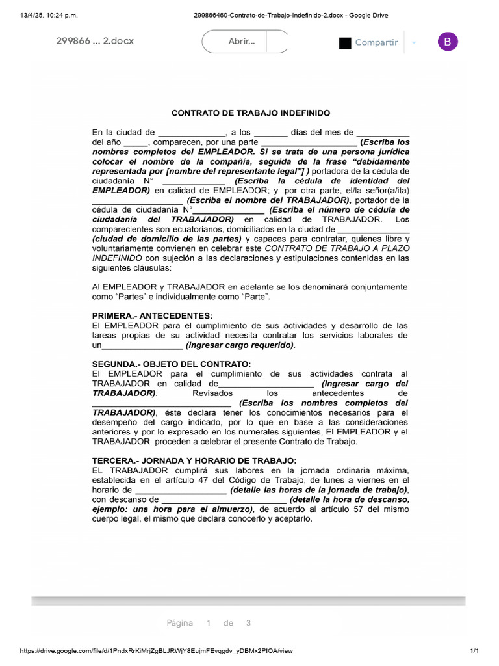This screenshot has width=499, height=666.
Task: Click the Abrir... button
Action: coord(242,42)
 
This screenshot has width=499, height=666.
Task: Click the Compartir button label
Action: coord(376,42)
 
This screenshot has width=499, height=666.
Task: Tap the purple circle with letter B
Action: coord(448,42)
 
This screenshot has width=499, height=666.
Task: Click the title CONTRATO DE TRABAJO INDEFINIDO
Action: coord(251,113)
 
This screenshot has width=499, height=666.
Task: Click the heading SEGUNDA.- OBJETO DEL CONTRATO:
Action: coord(171,364)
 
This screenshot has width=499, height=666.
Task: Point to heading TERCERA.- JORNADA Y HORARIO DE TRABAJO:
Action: coord(194,460)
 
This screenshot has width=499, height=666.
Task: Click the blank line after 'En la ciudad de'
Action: coord(191,133)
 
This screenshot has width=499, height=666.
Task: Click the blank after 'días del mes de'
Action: coord(383,133)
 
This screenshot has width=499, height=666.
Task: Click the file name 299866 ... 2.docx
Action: coord(95,41)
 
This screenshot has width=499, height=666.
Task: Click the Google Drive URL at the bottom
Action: coord(156,651)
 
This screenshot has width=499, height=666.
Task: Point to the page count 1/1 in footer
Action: coord(474,651)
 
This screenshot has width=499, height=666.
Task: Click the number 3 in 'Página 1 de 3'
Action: coord(248,623)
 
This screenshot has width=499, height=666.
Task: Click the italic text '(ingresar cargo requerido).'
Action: coord(240,345)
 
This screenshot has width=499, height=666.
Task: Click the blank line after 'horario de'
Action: coord(180,490)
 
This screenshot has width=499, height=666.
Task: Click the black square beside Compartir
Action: coord(345,43)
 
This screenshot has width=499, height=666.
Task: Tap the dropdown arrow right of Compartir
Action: coord(414,42)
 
